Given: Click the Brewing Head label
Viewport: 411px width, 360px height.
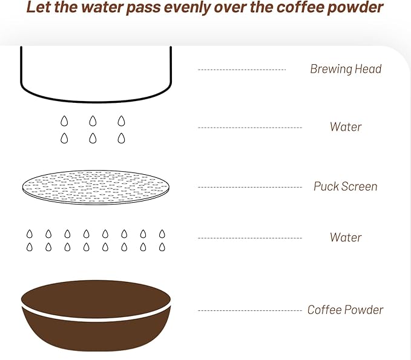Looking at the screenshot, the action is coord(346,69).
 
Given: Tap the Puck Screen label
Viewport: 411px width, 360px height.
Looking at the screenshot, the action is coord(346,186).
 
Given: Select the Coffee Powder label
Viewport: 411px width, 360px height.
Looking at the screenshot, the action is coord(345,310).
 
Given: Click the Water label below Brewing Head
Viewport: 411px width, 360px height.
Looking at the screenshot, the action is coord(346,127).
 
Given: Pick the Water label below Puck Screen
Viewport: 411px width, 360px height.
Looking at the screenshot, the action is coord(346,237).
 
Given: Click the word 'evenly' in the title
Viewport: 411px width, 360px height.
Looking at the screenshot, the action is coord(188,7).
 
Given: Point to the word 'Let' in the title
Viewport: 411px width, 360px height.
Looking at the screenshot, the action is coord(39,7).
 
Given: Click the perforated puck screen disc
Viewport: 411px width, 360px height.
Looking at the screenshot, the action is coord(96,187).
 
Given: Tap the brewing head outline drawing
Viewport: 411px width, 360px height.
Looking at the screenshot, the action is coord(96,101).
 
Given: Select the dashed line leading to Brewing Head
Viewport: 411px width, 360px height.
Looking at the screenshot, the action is coord(242,70).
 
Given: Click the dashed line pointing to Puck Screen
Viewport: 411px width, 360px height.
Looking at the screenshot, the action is coord(250,187).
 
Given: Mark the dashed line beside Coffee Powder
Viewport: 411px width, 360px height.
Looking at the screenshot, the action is coord(250,311).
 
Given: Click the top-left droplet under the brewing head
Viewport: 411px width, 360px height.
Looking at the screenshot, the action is coord(64,121).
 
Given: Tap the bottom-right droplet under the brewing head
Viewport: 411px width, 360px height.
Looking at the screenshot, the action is coord(121,138).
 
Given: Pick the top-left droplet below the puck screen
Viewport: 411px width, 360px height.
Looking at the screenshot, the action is coord(30,234).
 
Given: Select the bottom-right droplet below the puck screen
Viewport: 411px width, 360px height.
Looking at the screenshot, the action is coord(162,247).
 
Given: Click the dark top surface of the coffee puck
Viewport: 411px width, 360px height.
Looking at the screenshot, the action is coord(96,299).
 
